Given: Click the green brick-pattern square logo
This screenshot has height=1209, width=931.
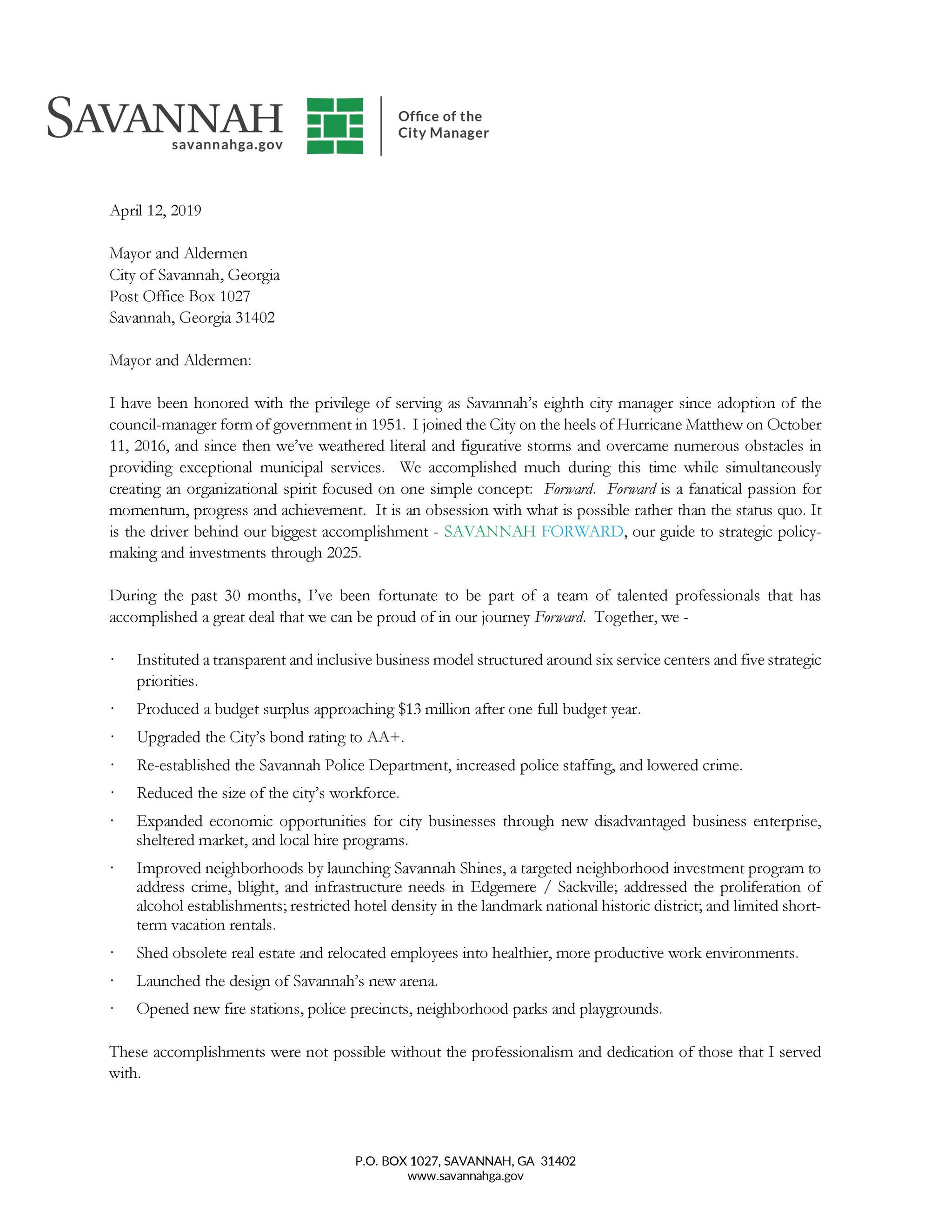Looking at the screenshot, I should pos(335,126).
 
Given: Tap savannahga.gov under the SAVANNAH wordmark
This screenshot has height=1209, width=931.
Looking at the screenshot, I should pos(227,145).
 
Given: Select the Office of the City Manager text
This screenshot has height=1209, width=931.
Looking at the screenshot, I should pos(443,125).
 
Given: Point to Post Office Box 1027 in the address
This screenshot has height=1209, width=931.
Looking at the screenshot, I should pos(180,296).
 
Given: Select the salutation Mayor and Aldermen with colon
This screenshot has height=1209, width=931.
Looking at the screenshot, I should pos(180,360).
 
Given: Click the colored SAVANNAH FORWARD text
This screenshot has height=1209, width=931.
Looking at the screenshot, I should pos(533,531).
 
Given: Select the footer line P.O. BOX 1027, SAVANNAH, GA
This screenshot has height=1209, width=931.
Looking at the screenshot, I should pos(465,1161).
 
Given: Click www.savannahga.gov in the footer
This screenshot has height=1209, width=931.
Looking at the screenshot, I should pos(465,1176).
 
